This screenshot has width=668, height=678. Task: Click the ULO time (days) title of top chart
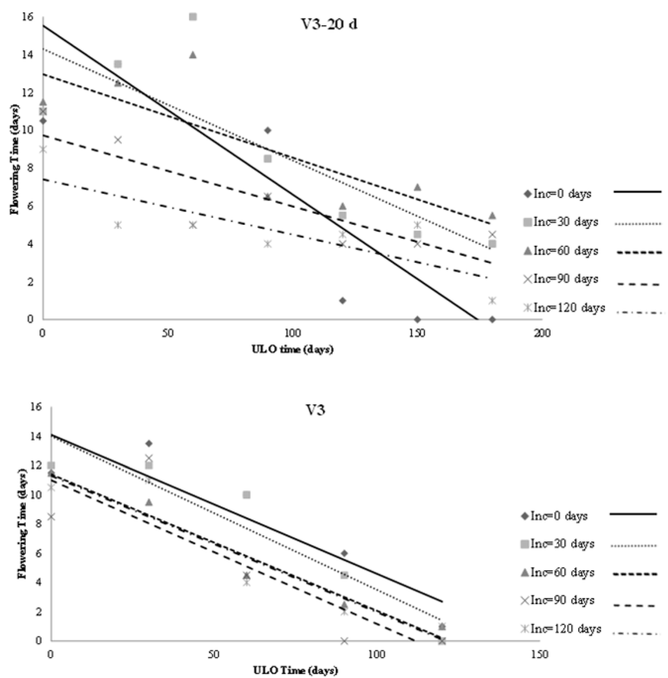tap(292, 349)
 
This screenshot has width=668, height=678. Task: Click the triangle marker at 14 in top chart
tap(193, 55)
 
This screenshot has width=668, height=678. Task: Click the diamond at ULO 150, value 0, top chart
tap(417, 319)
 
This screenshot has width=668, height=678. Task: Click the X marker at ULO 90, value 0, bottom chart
tap(345, 641)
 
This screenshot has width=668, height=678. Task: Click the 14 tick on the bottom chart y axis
tap(38, 436)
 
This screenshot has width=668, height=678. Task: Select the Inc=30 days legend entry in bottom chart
tap(562, 544)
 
